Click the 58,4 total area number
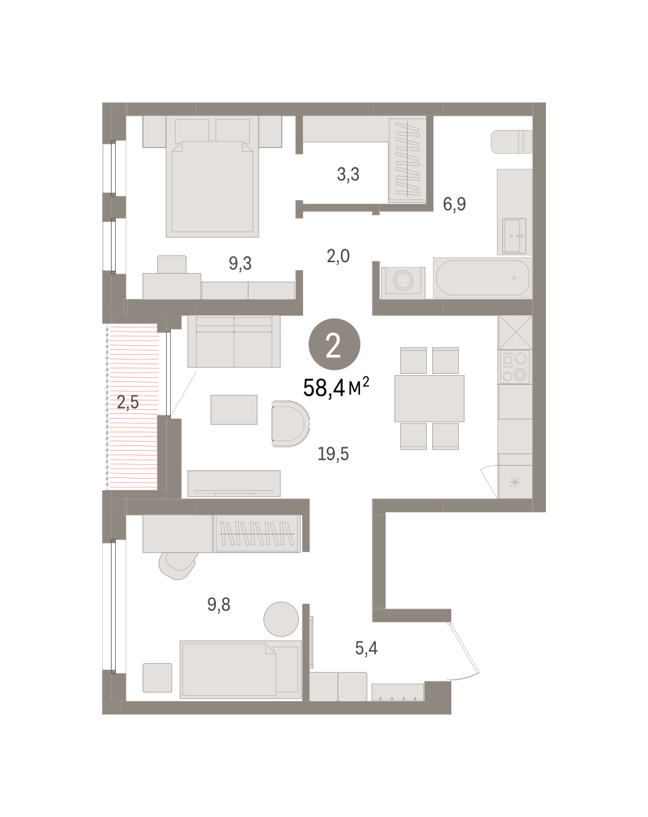[324, 389]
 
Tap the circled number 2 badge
[334, 347]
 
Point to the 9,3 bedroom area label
[240, 264]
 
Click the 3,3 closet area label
[348, 174]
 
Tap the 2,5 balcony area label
[127, 402]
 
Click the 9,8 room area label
[219, 603]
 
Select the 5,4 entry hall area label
[366, 648]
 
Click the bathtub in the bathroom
[482, 278]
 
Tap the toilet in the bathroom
[511, 142]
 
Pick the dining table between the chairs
[429, 398]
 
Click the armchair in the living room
[289, 423]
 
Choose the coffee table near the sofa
[234, 410]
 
